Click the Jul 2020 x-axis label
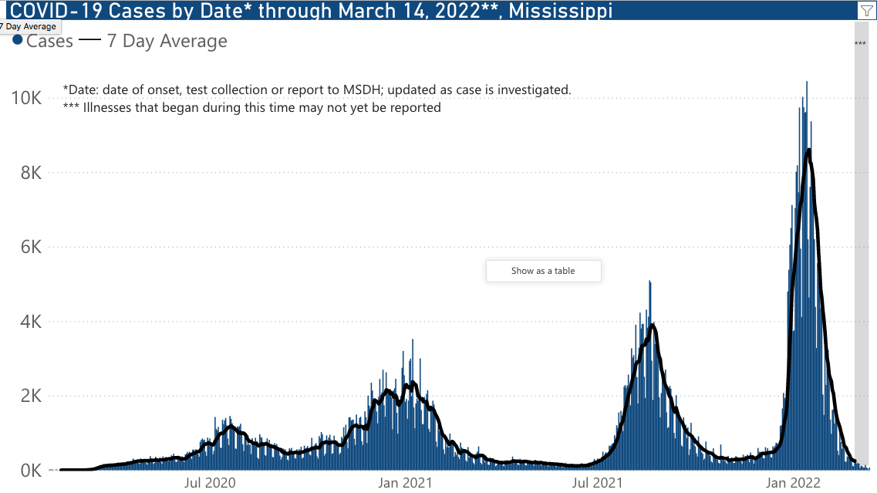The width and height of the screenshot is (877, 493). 210,484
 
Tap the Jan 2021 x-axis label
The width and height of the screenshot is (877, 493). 405,484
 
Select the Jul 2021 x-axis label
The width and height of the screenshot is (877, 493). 598,484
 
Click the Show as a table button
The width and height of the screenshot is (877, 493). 543,271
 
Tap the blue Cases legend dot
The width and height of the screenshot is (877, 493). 18,40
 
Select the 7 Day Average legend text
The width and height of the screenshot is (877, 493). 167,41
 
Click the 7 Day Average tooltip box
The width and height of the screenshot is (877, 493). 29,26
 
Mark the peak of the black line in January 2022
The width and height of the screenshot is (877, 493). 808,150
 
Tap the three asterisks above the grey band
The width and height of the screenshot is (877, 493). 860,44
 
